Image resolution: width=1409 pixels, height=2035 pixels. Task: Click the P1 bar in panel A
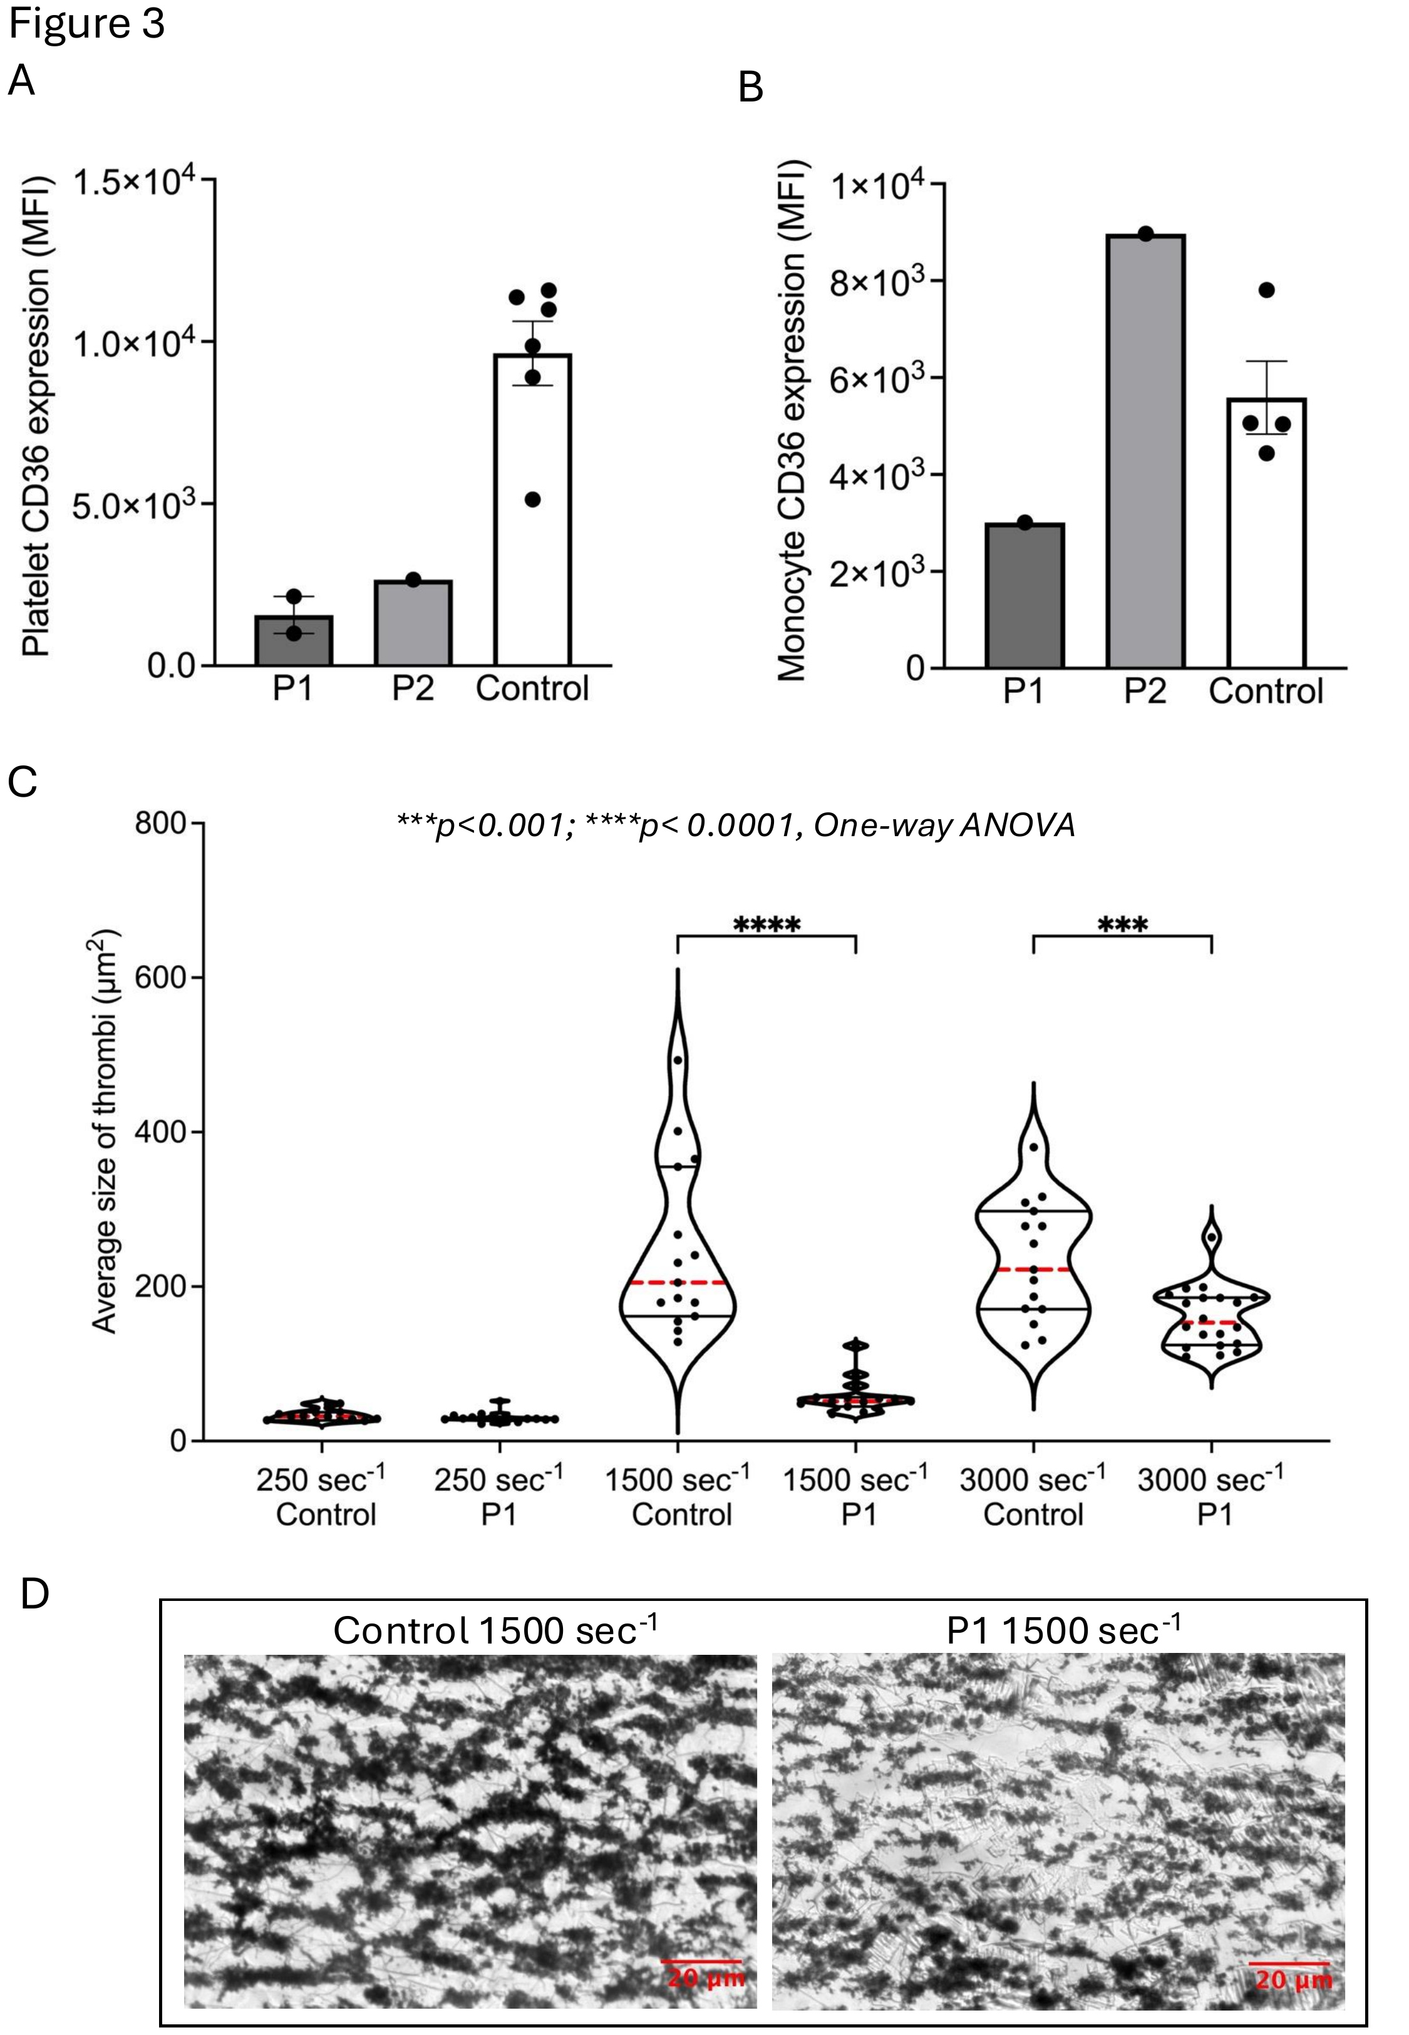tap(294, 640)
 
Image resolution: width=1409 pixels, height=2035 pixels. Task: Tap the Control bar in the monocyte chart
tap(1266, 532)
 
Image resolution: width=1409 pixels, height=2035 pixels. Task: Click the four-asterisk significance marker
tap(767, 925)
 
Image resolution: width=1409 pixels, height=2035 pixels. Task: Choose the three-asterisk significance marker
tap(1122, 925)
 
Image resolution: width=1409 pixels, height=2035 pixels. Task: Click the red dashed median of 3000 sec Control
tap(1034, 1269)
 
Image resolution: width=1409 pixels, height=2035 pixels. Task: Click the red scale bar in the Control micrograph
tap(701, 1930)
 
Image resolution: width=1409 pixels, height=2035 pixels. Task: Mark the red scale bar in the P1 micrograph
tap(1289, 1931)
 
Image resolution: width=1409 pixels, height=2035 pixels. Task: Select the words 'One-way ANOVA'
tap(944, 825)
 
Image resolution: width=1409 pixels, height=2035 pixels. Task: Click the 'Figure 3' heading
tap(86, 23)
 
